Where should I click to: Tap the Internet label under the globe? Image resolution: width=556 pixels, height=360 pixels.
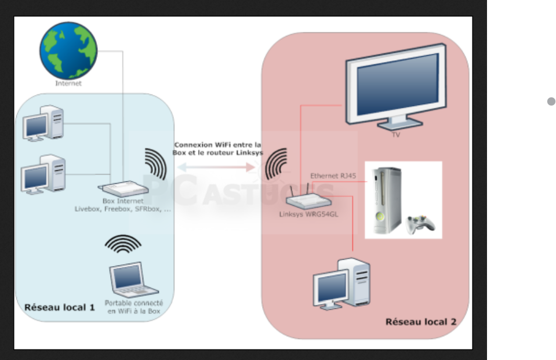[68, 83]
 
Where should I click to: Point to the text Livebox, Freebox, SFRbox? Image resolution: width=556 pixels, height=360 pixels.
[123, 209]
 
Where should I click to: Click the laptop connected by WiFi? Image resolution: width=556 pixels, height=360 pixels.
[133, 281]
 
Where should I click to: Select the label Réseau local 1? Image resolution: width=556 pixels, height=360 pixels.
[59, 307]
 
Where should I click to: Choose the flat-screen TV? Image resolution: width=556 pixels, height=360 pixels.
[395, 85]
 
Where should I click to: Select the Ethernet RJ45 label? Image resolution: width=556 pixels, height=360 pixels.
[333, 176]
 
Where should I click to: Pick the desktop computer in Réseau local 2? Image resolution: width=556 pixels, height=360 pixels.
[341, 283]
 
